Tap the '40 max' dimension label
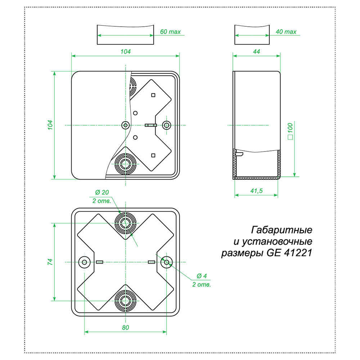286,32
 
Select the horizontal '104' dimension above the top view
125,51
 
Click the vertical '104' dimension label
51,125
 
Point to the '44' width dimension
256,51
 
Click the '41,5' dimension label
256,191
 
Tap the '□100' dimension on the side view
291,131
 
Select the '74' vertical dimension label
51,262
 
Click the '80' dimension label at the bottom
125,328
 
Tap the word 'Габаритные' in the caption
281,230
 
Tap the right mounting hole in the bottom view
166,262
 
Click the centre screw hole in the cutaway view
126,125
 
